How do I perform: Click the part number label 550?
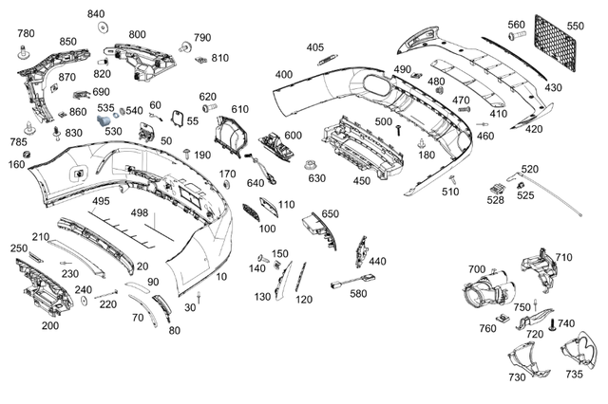point(576,26)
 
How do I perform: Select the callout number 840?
point(97,14)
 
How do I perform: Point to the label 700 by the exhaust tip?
point(476,270)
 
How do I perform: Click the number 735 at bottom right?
point(575,376)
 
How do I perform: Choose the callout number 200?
point(49,325)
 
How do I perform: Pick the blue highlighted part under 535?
point(105,121)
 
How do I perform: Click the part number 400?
point(284,74)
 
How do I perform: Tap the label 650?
point(330,214)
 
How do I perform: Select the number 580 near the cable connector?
point(358,294)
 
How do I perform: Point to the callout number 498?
point(140,212)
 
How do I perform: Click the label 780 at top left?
point(27,33)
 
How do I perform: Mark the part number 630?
point(316,178)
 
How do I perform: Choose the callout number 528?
point(495,200)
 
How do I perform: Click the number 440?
point(377,261)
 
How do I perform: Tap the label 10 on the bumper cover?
point(221,277)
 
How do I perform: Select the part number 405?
point(314,46)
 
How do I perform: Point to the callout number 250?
point(19,248)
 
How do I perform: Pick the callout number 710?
point(563,257)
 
